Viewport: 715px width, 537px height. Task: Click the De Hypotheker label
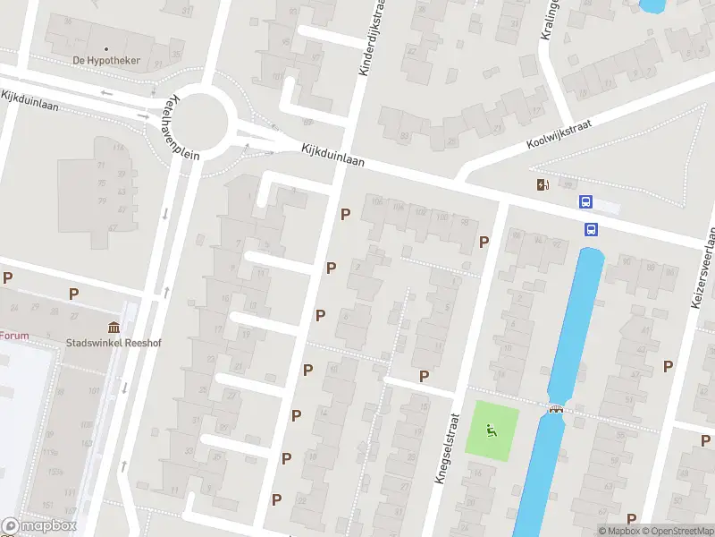tap(105, 61)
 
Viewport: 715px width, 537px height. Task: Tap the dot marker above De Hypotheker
tap(105, 48)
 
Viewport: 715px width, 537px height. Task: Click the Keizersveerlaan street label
tap(704, 268)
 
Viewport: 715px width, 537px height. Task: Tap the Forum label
tap(13, 337)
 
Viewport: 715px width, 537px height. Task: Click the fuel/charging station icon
tap(542, 185)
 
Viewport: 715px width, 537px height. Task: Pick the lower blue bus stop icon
tap(591, 229)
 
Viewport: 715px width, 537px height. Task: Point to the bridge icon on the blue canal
tap(557, 409)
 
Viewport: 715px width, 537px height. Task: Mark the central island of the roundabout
tap(201, 121)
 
